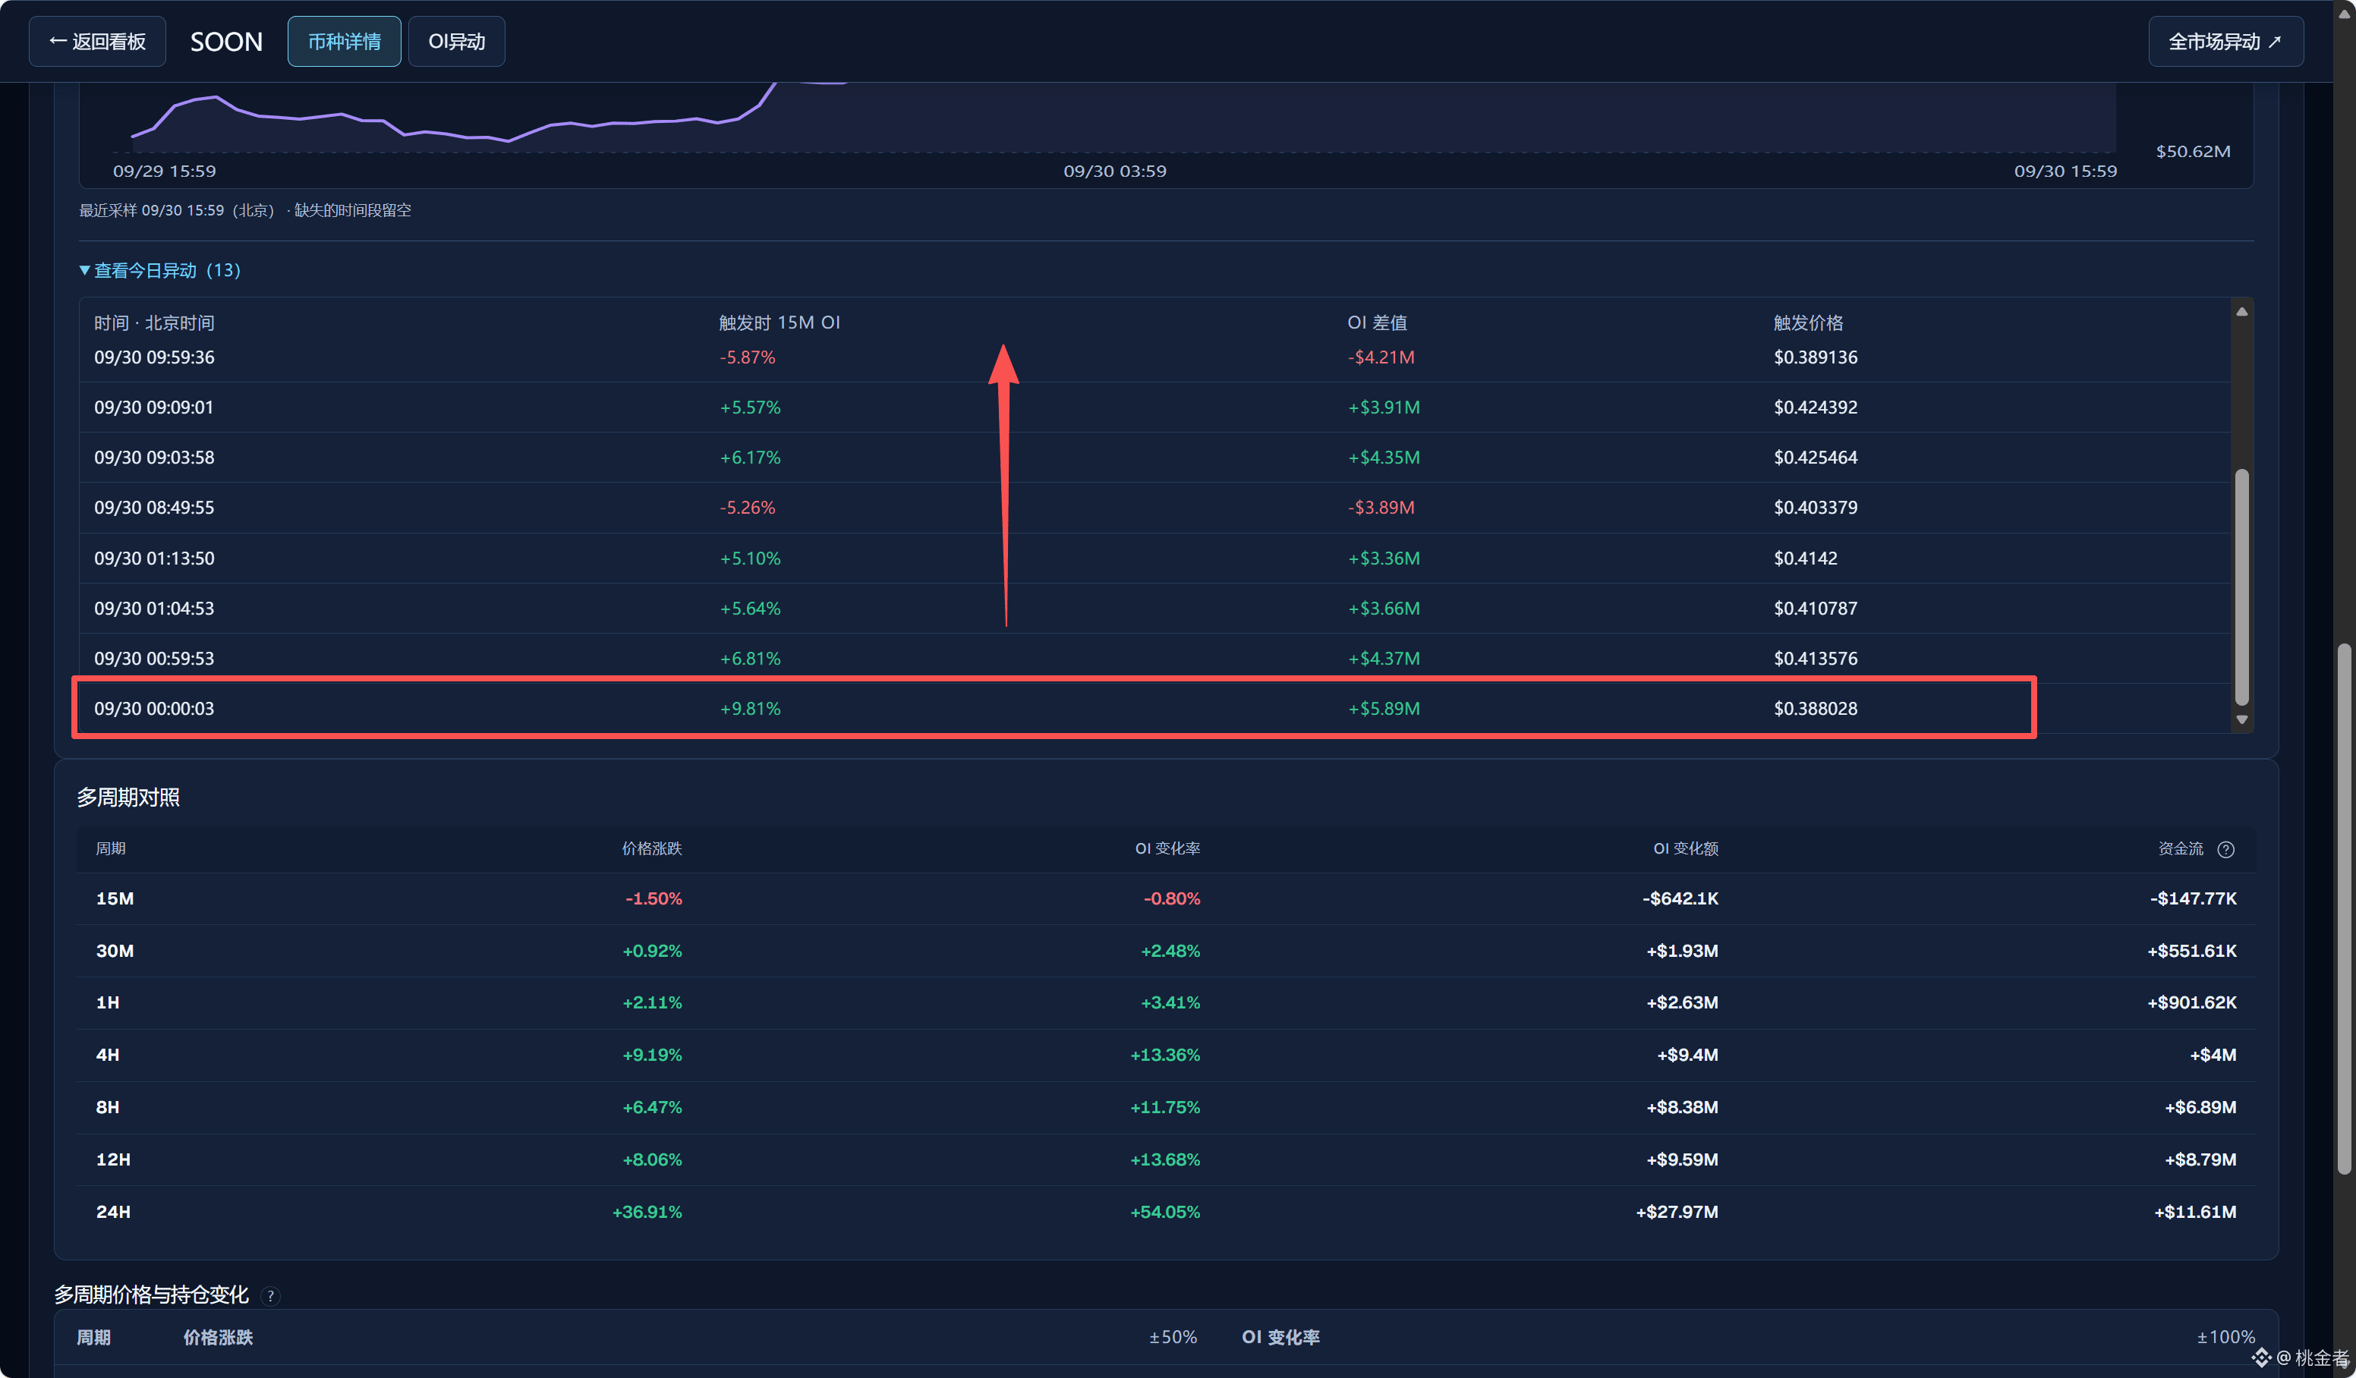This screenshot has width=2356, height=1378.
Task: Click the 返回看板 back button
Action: [x=97, y=41]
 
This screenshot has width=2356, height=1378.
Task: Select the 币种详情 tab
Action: [x=344, y=41]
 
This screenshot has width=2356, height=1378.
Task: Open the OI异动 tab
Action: [x=456, y=41]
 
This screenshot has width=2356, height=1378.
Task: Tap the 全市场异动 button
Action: [x=2225, y=41]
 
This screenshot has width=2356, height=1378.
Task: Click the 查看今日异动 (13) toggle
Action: [x=160, y=270]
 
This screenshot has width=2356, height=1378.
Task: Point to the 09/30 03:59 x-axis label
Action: [x=1114, y=171]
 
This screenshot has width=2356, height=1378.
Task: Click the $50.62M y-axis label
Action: [x=2192, y=152]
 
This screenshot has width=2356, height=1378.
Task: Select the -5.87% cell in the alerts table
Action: [x=747, y=357]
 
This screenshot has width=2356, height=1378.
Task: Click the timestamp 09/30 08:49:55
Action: [x=154, y=508]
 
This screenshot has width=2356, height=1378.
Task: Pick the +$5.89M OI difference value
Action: [x=1384, y=709]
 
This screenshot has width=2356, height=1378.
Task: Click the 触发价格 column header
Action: [x=1808, y=322]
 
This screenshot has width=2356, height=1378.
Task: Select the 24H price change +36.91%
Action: [x=647, y=1212]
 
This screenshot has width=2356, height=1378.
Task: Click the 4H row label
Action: [x=108, y=1055]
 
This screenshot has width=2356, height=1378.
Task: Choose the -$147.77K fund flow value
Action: [x=2194, y=898]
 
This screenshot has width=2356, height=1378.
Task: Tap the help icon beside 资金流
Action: [x=2226, y=849]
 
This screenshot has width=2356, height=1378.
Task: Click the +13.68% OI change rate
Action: [x=1165, y=1159]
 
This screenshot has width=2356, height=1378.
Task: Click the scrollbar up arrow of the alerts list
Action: [x=2242, y=312]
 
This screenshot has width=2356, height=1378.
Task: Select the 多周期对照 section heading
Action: [x=128, y=798]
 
